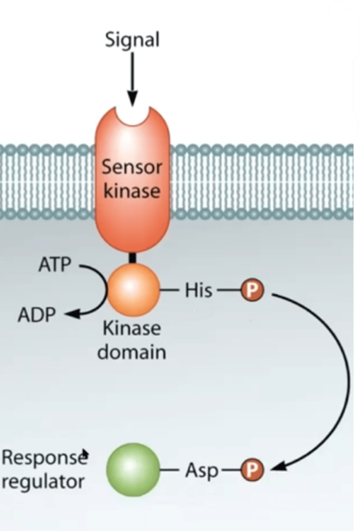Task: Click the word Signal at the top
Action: tap(132, 40)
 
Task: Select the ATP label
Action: tap(54, 265)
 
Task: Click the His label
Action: tap(198, 290)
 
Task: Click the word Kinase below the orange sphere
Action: tap(132, 329)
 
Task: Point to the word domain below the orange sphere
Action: tap(132, 353)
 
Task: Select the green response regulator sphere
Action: tap(132, 470)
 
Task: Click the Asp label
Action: tap(201, 471)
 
